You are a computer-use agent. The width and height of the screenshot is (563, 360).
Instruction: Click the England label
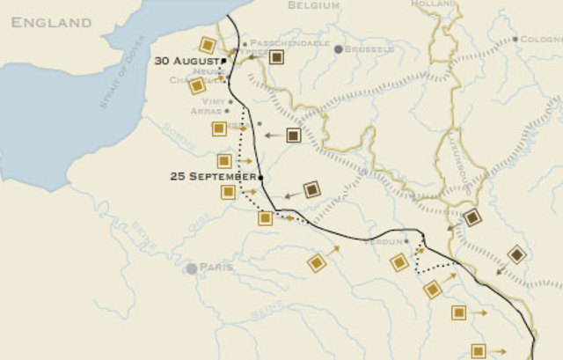[x=51, y=21]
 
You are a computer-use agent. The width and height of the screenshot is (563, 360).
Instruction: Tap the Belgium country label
[x=314, y=5]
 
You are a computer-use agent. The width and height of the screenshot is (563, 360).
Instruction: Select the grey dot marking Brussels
[x=338, y=49]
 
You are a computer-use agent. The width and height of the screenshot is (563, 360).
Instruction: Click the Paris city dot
[x=191, y=268]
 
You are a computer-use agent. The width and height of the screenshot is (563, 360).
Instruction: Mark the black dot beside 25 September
[x=261, y=176]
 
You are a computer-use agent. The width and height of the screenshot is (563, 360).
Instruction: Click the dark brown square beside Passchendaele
[x=276, y=57]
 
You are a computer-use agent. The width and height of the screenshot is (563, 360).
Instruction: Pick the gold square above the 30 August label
[x=207, y=45]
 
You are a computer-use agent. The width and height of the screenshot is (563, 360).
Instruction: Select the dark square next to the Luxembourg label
[x=472, y=218]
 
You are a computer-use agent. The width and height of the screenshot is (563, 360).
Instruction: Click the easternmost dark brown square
[x=516, y=254]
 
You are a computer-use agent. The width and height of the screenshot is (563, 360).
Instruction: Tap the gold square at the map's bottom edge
[x=479, y=350]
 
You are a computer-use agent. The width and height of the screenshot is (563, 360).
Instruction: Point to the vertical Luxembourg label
[x=461, y=166]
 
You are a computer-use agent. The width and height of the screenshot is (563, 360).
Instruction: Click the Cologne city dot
[x=515, y=40]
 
